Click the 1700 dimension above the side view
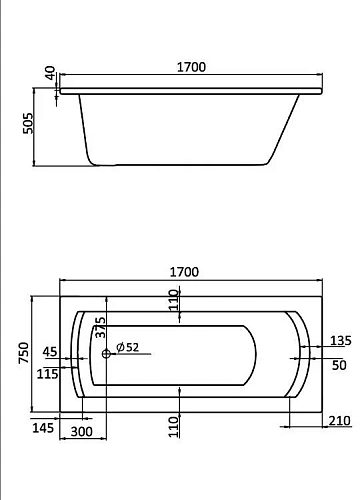pos(191,67)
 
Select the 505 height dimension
pos(28,123)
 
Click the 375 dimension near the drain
pos(99,330)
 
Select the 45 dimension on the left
pos(51,351)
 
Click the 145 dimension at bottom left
pos(42,457)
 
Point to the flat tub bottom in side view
pos(180,163)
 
